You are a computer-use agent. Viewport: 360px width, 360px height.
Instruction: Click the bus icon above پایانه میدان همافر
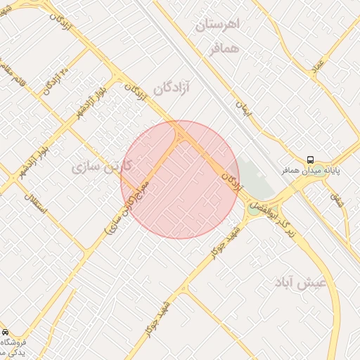click(311, 160)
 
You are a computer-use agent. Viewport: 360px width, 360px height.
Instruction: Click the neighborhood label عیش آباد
click(302, 282)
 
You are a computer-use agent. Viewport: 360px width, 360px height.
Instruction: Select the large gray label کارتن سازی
click(103, 167)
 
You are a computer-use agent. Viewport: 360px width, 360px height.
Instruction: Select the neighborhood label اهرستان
click(217, 25)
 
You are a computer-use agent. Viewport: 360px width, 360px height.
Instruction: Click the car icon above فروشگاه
click(5, 331)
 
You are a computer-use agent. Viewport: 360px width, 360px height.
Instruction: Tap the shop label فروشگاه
click(17, 344)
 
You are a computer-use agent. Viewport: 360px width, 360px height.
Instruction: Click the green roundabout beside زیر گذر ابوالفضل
click(253, 208)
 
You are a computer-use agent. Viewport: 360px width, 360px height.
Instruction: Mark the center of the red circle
click(180, 180)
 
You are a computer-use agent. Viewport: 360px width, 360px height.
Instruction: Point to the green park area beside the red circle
click(253, 179)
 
